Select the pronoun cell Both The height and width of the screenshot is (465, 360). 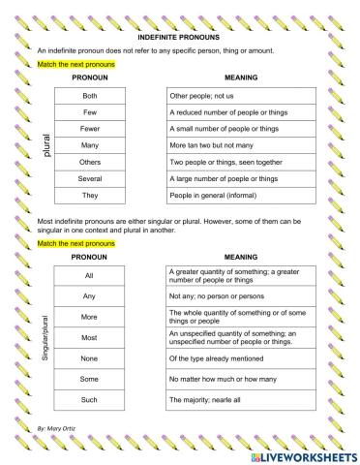click(x=90, y=97)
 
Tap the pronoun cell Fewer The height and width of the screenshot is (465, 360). click(x=90, y=130)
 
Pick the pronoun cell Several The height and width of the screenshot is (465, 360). click(x=90, y=178)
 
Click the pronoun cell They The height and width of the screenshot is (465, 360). click(x=90, y=195)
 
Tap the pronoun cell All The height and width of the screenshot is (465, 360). click(x=90, y=277)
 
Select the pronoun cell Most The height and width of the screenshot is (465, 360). click(x=90, y=338)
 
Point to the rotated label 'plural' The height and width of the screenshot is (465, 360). click(x=45, y=146)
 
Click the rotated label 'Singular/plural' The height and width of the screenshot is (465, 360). click(x=45, y=337)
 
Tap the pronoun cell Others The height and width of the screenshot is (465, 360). click(x=90, y=162)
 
